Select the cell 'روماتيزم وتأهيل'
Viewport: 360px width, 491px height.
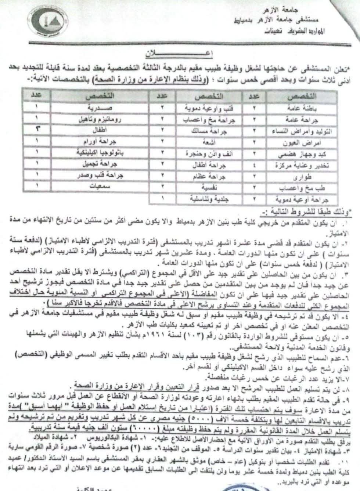pyautogui.click(x=97, y=120)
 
